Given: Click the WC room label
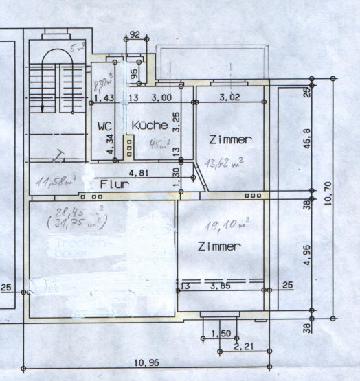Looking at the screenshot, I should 104,126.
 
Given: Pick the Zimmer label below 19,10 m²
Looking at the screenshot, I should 218,246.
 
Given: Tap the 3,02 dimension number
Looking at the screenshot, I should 230,98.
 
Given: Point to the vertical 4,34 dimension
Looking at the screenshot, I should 112,143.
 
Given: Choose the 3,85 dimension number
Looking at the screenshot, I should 220,285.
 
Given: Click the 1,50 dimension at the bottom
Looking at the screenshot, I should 220,334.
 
